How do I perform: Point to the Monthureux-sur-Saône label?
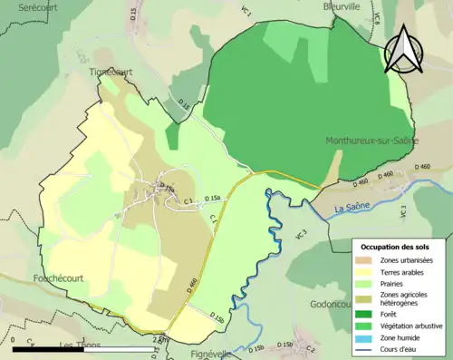click(x=372, y=141)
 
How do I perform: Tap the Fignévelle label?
click(x=206, y=355)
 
